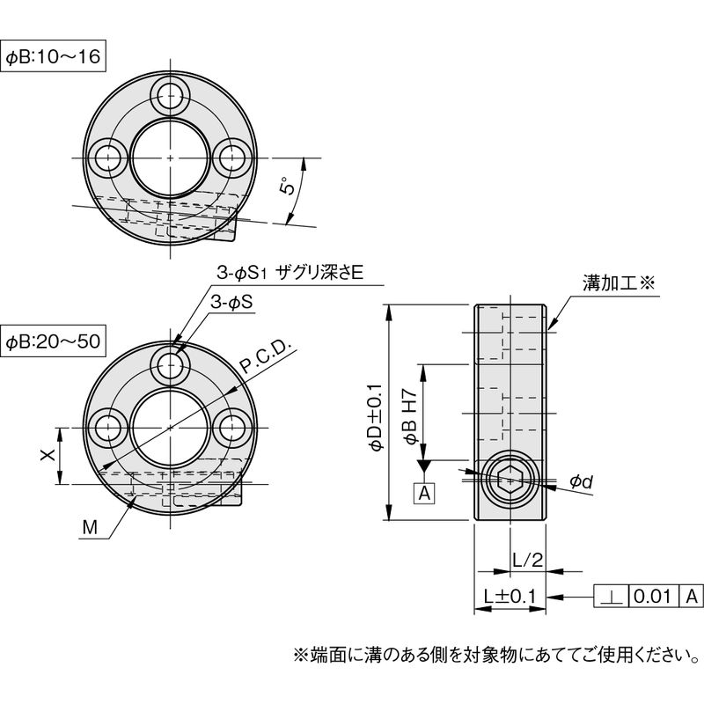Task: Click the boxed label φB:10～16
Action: tap(53, 56)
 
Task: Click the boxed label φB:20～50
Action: tap(53, 341)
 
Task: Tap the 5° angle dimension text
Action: tap(288, 187)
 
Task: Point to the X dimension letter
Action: tap(48, 455)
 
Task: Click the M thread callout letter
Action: tap(90, 527)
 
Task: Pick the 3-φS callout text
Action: tap(231, 303)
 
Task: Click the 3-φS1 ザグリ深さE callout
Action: tap(290, 273)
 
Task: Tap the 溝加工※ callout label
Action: tap(619, 283)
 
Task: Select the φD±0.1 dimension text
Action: tap(376, 417)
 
